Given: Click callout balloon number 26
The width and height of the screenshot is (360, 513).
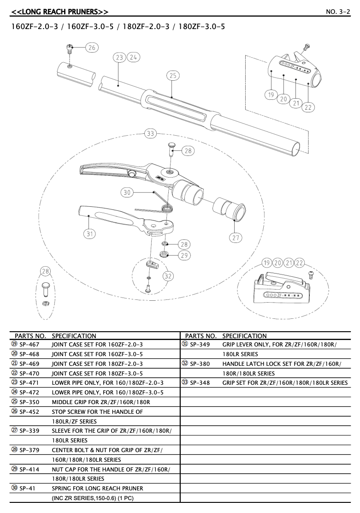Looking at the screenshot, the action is coord(92,48).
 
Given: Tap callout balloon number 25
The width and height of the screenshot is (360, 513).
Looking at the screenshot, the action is coord(173,76).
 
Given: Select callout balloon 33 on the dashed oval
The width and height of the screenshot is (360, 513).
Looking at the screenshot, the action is coord(150,133).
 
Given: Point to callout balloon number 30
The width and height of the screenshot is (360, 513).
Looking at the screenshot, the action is coord(127,192).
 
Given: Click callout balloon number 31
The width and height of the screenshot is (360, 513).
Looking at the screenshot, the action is coord(89,233).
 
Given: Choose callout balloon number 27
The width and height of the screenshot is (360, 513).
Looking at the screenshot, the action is coord(236,238).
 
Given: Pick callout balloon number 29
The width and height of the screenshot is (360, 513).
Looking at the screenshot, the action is coord(184,255).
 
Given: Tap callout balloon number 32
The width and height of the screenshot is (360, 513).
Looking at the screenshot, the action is coord(168,276).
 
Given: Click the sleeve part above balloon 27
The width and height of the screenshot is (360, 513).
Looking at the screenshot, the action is coord(229,210).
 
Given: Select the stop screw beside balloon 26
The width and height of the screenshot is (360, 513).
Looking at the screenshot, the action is coord(70,50).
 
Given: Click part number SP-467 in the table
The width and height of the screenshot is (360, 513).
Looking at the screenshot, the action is coord(29,345).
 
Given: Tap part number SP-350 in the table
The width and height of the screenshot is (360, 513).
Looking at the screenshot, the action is coord(29,402).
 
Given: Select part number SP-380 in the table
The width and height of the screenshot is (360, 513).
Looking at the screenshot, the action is coord(200,364).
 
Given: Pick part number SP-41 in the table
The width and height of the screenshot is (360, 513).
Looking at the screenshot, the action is coord(27,489).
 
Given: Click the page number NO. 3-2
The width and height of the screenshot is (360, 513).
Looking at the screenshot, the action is coord(338,12).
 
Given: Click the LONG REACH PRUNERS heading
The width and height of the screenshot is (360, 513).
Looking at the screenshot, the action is coord(60,12).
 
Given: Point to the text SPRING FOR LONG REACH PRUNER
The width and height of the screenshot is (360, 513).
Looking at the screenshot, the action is coord(97,489).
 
